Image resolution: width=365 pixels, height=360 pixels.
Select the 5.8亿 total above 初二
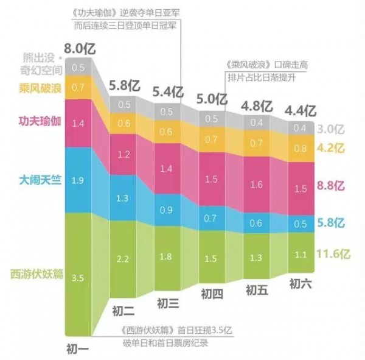(x=124, y=86)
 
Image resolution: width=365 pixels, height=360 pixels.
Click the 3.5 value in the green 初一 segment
(x=77, y=277)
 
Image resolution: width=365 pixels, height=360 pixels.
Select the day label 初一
(x=78, y=349)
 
